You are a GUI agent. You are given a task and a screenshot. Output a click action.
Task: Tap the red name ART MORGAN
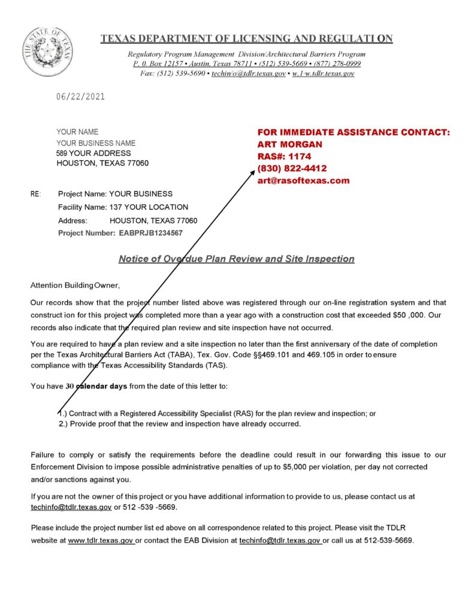coord(289,145)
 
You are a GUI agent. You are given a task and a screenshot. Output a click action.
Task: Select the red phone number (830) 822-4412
coord(292,168)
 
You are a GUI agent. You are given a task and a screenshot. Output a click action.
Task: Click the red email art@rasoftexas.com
coord(303,180)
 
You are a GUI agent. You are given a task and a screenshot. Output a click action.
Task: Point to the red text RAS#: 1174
coord(284,156)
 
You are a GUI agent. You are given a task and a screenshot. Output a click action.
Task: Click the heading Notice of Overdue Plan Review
coord(236,259)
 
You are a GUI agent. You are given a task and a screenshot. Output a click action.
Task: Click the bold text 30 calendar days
coord(96,386)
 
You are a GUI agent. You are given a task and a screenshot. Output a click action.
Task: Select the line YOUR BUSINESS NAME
coord(96,143)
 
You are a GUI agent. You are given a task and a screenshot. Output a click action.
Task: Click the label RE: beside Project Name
coord(35,194)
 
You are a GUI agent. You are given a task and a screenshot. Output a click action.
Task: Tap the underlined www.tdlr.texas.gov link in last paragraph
coord(101,540)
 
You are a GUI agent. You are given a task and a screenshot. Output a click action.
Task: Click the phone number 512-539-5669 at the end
coord(388,540)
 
